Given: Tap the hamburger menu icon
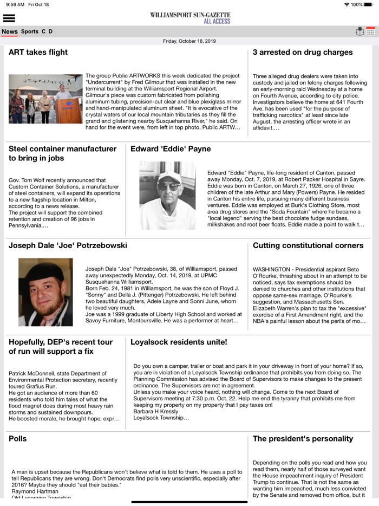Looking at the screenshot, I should (9, 18).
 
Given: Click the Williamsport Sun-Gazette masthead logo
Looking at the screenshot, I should (190, 18).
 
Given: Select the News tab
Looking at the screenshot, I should (10, 31).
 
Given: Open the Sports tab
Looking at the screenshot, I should (30, 31).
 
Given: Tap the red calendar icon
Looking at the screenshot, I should (371, 31).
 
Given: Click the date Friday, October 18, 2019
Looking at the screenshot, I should (190, 41).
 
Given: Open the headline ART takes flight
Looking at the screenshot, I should (38, 53).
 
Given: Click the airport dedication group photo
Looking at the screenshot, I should (45, 99).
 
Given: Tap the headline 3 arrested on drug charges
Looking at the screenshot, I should (303, 53).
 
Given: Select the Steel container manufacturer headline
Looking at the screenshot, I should (62, 153).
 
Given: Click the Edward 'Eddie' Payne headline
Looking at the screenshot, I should (171, 149).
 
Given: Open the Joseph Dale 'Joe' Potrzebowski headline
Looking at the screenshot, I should (68, 245).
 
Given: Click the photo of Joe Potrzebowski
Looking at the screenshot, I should (45, 292).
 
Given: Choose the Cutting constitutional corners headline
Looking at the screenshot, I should (308, 245).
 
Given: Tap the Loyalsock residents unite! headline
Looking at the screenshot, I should (179, 342).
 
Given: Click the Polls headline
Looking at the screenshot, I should (17, 439).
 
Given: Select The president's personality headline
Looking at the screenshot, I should (303, 439).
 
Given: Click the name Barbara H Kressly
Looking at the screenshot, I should (156, 411).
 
